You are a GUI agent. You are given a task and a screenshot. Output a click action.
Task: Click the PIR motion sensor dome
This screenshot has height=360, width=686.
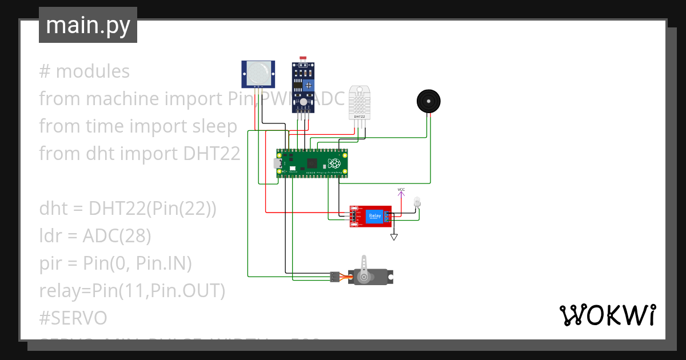(x=258, y=73)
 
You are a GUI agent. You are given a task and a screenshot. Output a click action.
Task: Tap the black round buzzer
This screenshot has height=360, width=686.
(x=428, y=101)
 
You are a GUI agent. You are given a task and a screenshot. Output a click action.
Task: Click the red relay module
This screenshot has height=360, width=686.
(x=371, y=216)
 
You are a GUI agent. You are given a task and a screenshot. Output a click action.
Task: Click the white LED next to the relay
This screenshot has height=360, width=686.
(x=416, y=202)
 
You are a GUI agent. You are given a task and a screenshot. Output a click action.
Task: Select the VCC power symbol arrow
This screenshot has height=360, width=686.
(x=401, y=194)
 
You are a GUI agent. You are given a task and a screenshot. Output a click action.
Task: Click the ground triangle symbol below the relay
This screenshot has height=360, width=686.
(x=394, y=237)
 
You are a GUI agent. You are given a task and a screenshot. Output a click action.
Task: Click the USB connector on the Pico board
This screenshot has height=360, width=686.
(x=278, y=163)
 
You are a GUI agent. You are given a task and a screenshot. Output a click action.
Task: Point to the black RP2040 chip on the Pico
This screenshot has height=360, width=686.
(x=312, y=163)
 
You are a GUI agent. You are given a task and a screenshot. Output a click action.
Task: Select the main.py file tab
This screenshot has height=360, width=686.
(x=88, y=25)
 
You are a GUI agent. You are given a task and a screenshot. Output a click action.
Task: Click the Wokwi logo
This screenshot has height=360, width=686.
(x=607, y=315)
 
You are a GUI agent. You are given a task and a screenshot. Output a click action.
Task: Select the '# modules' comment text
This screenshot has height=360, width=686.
(x=85, y=71)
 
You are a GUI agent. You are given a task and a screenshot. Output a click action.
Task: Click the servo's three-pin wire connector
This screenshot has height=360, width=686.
(x=334, y=277)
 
